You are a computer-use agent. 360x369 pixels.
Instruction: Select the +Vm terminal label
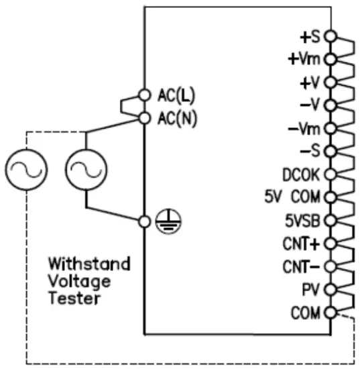tap(305, 59)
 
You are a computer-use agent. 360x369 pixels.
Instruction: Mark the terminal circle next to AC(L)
tap(144, 94)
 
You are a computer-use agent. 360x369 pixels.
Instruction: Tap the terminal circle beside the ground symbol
tap(144, 221)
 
